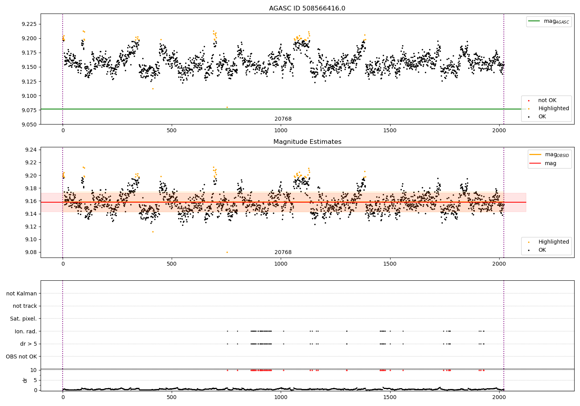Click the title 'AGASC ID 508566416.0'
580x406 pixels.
(307, 9)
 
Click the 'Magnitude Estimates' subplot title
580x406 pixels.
(307, 142)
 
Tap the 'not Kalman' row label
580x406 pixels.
(22, 293)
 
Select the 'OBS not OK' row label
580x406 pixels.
(21, 357)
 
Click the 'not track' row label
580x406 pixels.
(25, 306)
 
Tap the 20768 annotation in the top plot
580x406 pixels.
(283, 119)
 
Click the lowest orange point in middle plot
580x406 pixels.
(227, 252)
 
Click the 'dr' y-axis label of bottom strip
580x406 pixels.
(25, 380)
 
